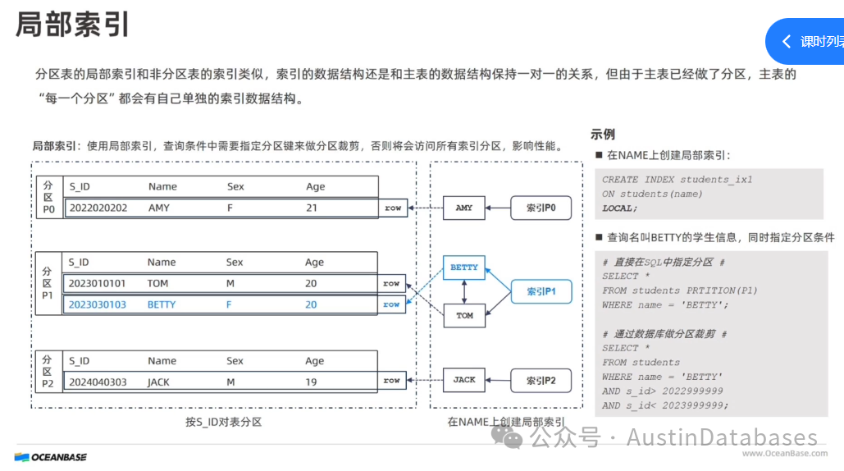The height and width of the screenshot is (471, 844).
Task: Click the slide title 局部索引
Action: point(73,24)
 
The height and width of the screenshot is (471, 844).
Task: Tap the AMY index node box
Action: point(464,208)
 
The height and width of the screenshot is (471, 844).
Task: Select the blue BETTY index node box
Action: point(464,267)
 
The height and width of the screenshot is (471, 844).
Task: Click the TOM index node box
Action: point(464,315)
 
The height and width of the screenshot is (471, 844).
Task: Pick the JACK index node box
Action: point(464,379)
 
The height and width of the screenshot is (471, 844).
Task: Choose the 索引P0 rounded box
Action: point(541,208)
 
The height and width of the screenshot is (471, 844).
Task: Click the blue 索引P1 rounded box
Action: point(541,291)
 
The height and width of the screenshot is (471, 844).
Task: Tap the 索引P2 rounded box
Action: point(541,380)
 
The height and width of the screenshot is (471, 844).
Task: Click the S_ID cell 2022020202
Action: point(98,208)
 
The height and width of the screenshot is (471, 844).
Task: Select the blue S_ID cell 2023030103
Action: point(98,304)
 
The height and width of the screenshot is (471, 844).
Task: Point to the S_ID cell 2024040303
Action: point(98,382)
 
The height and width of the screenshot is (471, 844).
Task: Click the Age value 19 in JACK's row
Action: point(312,382)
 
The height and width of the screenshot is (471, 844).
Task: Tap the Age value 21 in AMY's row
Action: point(312,208)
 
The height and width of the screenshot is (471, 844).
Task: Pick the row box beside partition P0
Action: point(393,208)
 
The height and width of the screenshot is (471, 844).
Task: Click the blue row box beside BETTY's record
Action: point(392,304)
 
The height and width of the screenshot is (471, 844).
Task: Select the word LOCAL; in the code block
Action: point(619,208)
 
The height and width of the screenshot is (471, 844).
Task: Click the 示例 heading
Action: point(603,135)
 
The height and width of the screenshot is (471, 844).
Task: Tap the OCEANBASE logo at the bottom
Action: point(51,457)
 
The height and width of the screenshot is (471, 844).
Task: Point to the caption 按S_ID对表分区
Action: point(223,422)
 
